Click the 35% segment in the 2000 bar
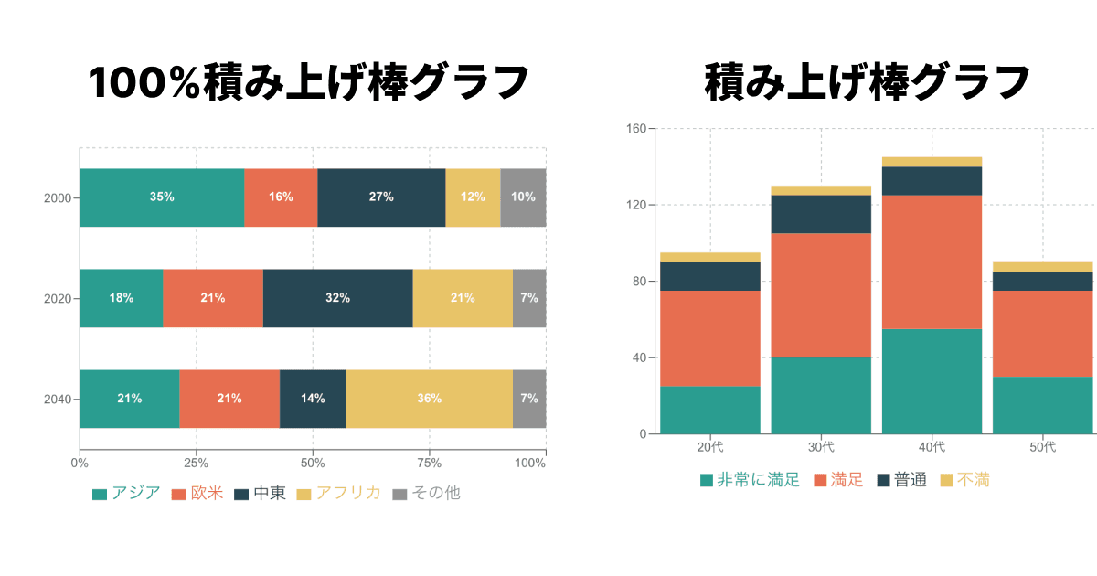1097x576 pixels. tap(162, 197)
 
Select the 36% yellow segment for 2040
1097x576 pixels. tap(429, 399)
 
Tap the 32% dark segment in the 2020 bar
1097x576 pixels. tap(337, 298)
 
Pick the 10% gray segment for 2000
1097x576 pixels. tap(523, 197)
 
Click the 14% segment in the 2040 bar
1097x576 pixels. tap(313, 399)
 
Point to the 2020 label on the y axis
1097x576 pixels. tap(58, 298)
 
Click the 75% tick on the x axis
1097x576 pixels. tap(431, 463)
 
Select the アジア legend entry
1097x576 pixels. tap(126, 494)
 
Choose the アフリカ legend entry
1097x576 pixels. tap(338, 494)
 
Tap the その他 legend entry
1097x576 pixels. tap(426, 494)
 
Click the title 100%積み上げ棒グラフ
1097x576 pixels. tap(309, 83)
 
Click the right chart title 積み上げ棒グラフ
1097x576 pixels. tap(868, 83)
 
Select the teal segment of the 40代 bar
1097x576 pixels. tap(932, 380)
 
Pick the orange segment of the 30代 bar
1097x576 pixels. tap(821, 294)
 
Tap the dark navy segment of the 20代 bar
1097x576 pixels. tap(710, 276)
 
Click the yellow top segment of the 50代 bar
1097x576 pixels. tap(1042, 267)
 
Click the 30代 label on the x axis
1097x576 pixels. tap(821, 447)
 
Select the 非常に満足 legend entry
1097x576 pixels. tap(750, 480)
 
